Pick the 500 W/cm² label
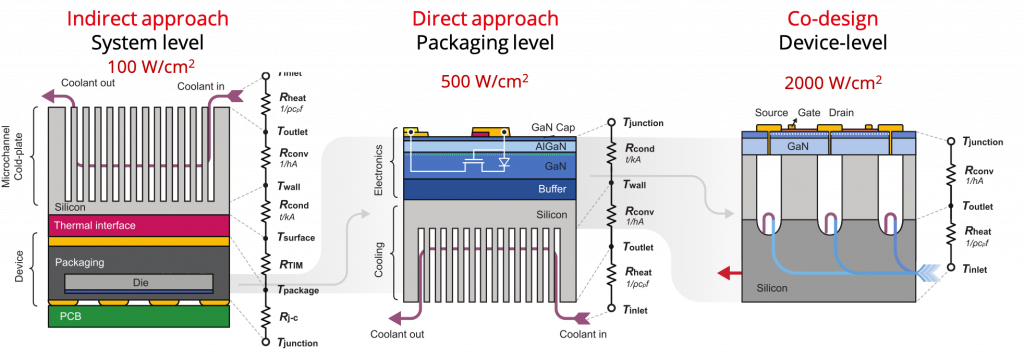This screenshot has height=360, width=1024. pos(485,80)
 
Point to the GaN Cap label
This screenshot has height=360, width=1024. pos(558,128)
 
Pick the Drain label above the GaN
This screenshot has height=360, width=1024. pos(843,113)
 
